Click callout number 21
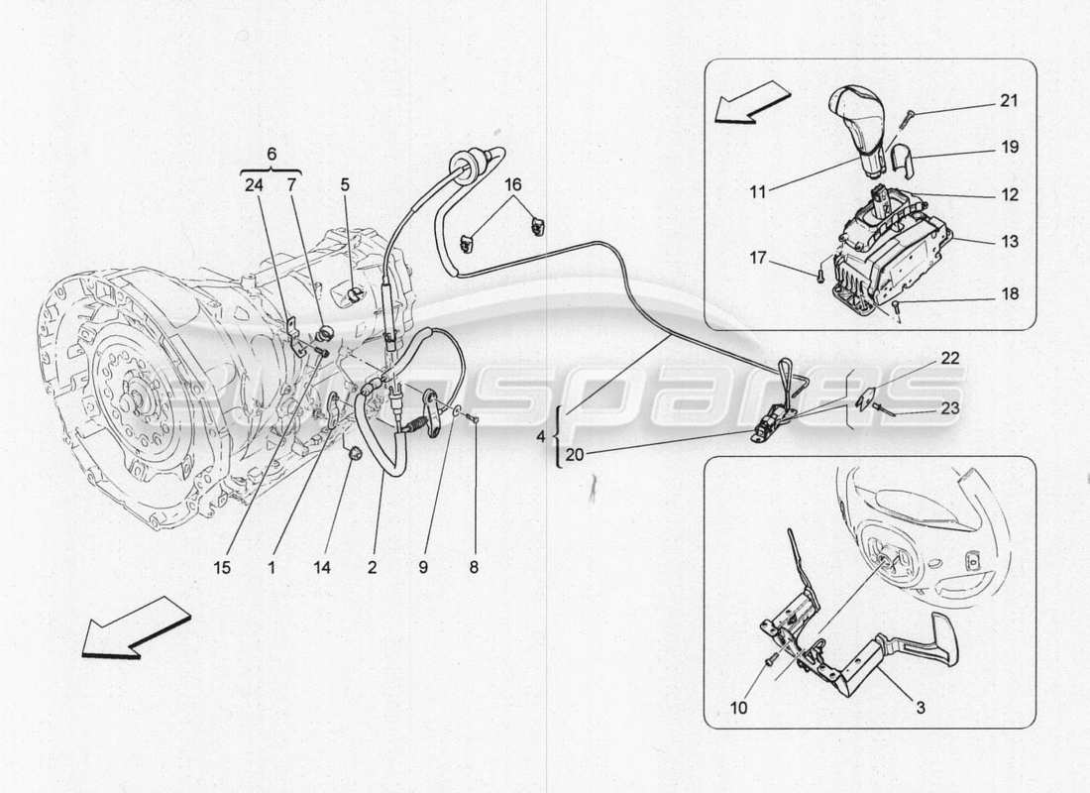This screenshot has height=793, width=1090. click(x=1009, y=101)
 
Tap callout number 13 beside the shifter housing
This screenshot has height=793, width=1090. click(x=1009, y=241)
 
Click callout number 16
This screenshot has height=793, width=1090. click(x=512, y=184)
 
